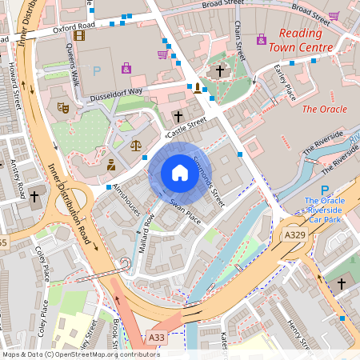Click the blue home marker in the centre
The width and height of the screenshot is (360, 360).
180,173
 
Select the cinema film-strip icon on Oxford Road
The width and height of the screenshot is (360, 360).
78,34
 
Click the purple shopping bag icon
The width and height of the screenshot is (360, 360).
126,68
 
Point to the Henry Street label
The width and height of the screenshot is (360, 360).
298,334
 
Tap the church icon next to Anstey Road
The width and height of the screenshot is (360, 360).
35,196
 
